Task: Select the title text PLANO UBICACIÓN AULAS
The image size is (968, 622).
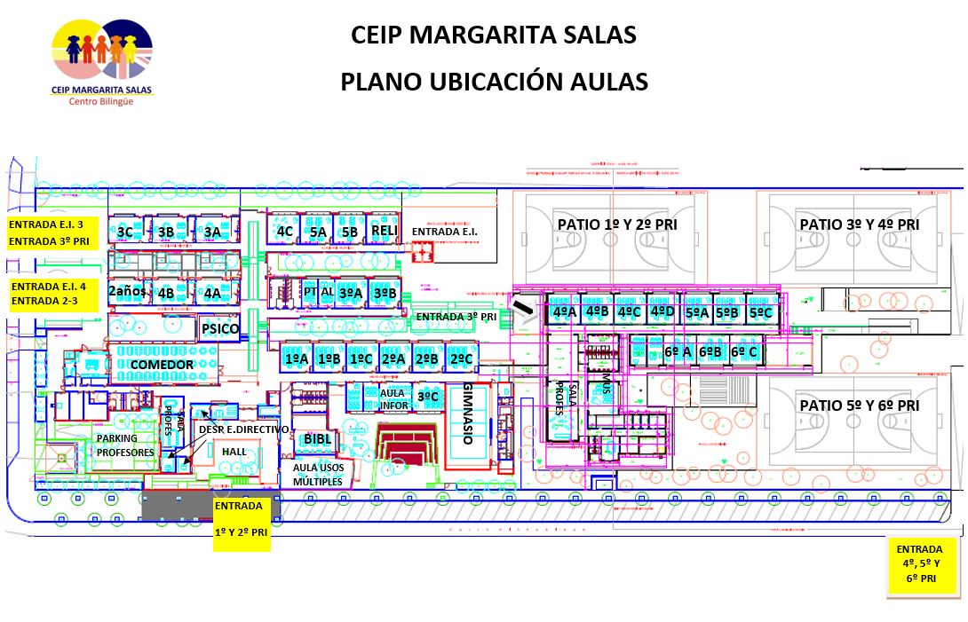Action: tap(494, 82)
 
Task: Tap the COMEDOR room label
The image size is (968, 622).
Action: tap(162, 365)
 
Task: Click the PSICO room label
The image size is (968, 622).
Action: tap(220, 329)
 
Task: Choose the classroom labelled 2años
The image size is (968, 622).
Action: tap(125, 291)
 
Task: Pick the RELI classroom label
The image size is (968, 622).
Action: tap(385, 231)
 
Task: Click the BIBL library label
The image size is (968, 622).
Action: tap(317, 438)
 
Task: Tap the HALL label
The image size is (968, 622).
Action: tap(234, 452)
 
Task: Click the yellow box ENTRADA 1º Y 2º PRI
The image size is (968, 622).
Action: tap(242, 524)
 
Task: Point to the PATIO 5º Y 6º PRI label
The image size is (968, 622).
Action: tap(858, 405)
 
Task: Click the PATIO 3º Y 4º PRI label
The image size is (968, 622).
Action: tap(858, 224)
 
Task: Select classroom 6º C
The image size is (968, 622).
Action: tap(744, 352)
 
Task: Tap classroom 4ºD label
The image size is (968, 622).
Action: tap(663, 311)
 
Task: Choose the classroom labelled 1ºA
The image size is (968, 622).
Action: tap(297, 358)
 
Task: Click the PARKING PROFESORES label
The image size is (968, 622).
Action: tap(125, 445)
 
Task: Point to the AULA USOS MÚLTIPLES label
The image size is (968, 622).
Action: tap(317, 474)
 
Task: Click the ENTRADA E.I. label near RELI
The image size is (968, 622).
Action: tap(444, 232)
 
